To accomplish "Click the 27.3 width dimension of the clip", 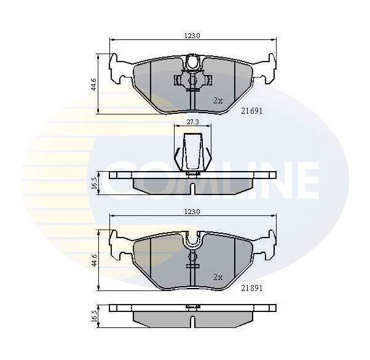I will click(192, 122).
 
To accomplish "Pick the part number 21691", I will click(251, 111).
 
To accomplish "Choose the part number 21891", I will click(251, 288).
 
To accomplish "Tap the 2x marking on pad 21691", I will click(218, 100).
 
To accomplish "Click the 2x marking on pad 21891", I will click(218, 276).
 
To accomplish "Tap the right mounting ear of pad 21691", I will click(266, 69).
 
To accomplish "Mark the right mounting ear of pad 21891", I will click(266, 245).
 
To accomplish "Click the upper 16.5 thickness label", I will click(93, 184).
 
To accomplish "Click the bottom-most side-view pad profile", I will click(192, 315).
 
